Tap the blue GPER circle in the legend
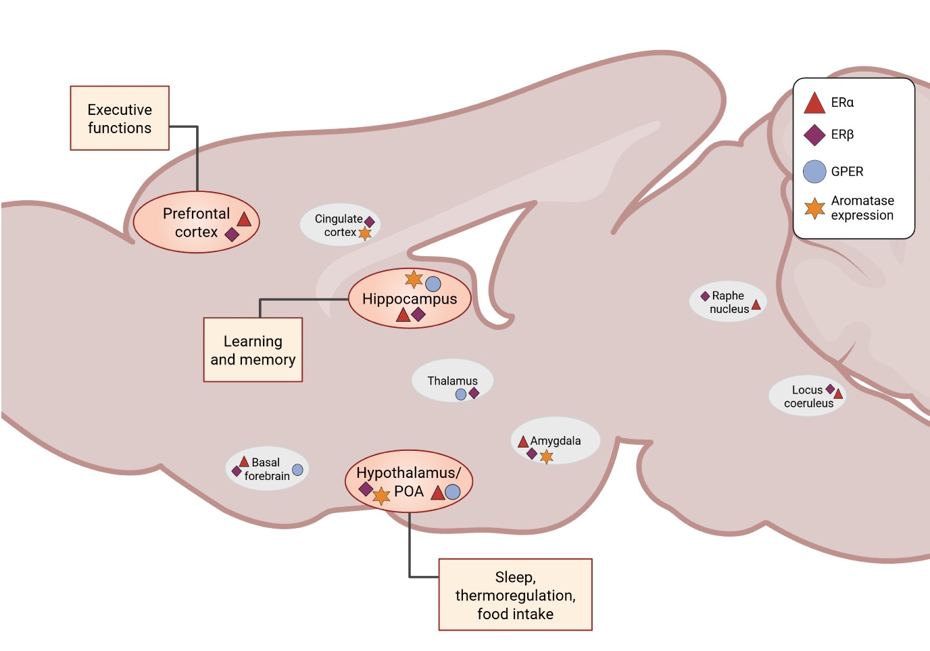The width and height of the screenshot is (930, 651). click(x=814, y=172)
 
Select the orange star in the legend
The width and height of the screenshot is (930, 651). click(x=814, y=208)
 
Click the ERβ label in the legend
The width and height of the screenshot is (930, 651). click(x=842, y=135)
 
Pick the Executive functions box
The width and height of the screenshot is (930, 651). click(x=120, y=118)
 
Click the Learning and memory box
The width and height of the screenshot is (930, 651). click(x=253, y=349)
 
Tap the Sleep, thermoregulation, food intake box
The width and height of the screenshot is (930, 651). click(x=515, y=594)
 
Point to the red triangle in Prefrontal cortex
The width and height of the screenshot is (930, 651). click(x=244, y=220)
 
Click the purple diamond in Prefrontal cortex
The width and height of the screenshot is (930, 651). click(x=232, y=235)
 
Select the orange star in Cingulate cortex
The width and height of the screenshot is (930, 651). click(x=364, y=234)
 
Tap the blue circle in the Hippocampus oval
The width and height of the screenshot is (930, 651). click(x=433, y=284)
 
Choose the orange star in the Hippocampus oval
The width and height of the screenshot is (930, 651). click(x=414, y=279)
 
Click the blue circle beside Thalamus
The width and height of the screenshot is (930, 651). click(x=461, y=394)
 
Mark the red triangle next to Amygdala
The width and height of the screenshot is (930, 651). click(x=523, y=441)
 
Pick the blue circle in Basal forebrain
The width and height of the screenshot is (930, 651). click(x=297, y=470)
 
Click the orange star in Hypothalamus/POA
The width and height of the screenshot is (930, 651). click(x=381, y=496)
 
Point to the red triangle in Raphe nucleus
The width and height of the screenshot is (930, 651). click(x=756, y=305)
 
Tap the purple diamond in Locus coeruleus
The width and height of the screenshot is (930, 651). click(x=830, y=389)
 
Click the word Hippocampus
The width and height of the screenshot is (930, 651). click(x=410, y=299)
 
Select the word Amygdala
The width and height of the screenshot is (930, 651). click(x=556, y=441)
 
